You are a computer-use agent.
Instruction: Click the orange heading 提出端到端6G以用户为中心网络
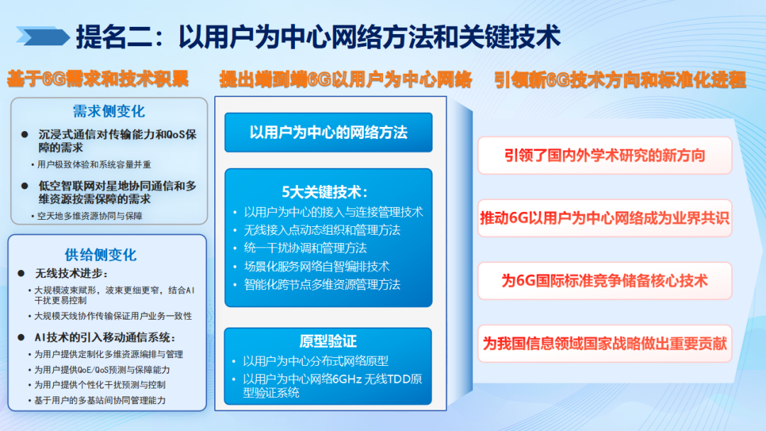pos(345,79)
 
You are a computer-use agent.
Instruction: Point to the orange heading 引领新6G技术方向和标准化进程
pos(621,79)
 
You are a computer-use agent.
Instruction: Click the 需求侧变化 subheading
pos(109,111)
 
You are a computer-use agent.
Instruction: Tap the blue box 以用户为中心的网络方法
pos(328,132)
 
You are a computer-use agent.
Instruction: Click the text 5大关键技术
pos(328,192)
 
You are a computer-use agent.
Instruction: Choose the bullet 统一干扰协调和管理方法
pos(305,248)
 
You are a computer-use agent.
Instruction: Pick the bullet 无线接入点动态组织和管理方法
pos(322,230)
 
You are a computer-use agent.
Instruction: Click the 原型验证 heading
pos(328,341)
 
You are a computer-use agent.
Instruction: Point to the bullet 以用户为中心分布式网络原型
pos(316,360)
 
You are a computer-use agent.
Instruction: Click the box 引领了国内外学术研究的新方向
pos(605,155)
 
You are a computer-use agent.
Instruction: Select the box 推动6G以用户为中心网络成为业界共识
pos(605,218)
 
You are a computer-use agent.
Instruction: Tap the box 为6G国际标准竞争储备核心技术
pos(605,281)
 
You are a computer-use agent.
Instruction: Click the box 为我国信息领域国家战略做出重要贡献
pos(605,344)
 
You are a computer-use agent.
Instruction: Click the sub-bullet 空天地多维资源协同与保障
pos(90,216)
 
